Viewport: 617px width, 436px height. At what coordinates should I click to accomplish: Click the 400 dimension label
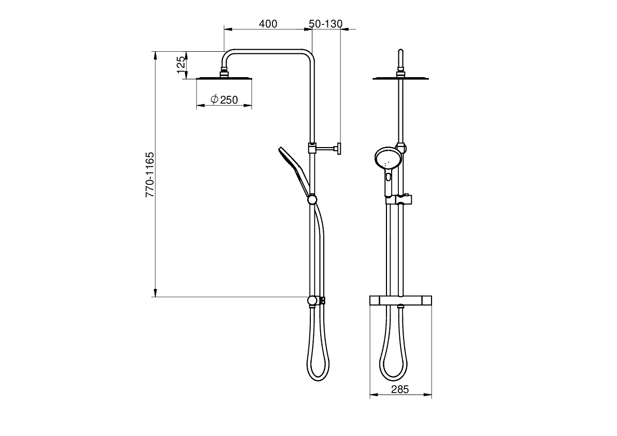click(268, 24)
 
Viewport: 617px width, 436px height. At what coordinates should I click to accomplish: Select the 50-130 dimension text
click(326, 24)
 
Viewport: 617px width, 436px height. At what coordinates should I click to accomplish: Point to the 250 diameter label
click(229, 100)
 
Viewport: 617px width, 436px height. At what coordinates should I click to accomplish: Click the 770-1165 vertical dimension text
click(150, 175)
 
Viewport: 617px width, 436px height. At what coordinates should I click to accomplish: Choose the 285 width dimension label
click(400, 389)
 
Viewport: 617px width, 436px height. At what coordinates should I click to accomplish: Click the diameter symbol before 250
click(214, 99)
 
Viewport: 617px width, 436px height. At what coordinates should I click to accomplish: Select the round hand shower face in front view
click(387, 158)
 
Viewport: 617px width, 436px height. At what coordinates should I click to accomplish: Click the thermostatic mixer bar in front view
click(400, 300)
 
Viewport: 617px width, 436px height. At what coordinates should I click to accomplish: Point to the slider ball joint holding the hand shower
click(312, 199)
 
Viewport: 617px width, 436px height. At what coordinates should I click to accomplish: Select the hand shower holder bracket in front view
click(399, 199)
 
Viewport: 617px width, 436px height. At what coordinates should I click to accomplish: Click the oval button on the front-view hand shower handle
click(389, 177)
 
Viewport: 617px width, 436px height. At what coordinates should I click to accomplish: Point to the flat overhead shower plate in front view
click(400, 78)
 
